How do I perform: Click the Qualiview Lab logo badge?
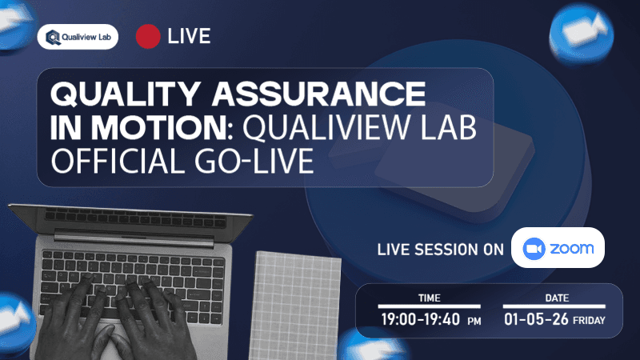click(78, 36)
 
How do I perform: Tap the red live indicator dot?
click(147, 36)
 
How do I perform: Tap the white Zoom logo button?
click(558, 248)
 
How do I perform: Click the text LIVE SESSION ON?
click(440, 249)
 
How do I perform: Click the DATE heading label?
click(554, 298)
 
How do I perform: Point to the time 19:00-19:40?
click(420, 320)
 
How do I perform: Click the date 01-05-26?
click(531, 320)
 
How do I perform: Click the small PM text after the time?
click(474, 322)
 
